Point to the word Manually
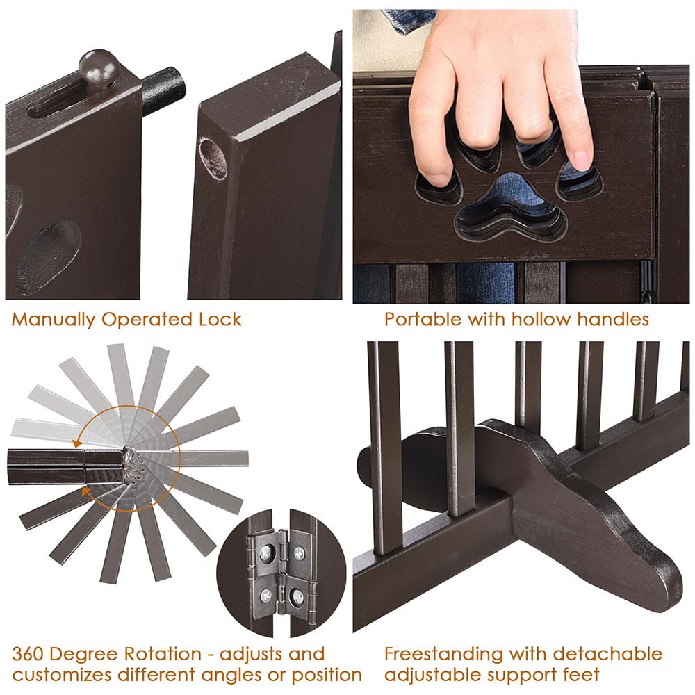point(52,320)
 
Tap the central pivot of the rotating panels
point(130,457)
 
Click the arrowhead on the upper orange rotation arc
point(81,438)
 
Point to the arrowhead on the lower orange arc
point(88,491)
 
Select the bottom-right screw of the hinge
point(298,596)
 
